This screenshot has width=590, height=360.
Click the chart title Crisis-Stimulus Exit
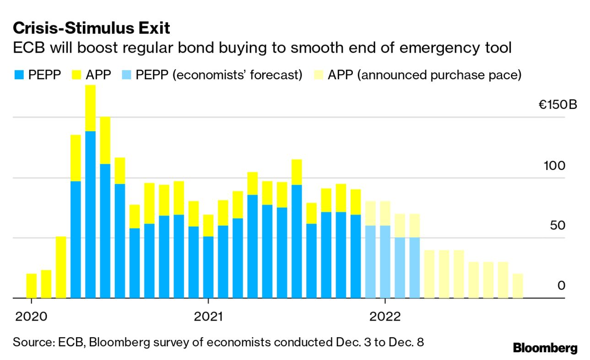(x=92, y=28)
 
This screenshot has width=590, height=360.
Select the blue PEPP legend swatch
(x=19, y=75)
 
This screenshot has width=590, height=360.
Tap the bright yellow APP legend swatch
(x=76, y=75)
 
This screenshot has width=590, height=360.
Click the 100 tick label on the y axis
(x=554, y=166)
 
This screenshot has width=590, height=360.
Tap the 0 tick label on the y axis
(x=561, y=286)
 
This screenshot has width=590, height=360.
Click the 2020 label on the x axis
(x=31, y=316)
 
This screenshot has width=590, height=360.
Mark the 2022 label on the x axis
(x=385, y=316)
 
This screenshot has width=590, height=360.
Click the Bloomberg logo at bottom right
(x=545, y=348)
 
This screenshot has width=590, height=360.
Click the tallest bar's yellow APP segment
(x=91, y=108)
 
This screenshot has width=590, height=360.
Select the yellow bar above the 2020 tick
(x=31, y=286)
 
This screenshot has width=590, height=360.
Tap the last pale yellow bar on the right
(x=518, y=286)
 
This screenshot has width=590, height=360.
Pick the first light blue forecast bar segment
(x=370, y=262)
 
